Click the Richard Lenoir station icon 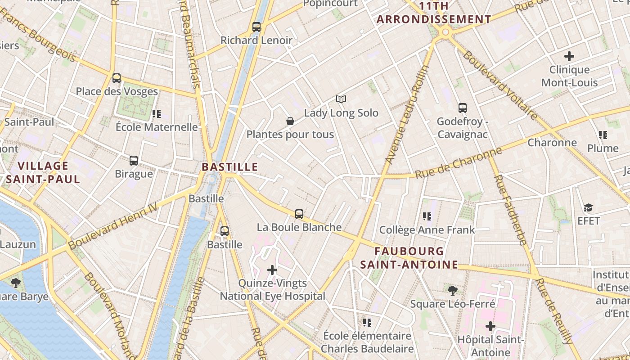(x=256, y=27)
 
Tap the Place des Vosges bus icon (x=117, y=78)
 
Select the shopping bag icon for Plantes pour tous (x=290, y=121)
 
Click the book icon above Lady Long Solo (x=341, y=99)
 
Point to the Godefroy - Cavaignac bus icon (x=463, y=108)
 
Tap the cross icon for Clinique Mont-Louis (x=569, y=56)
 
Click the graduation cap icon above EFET (x=589, y=207)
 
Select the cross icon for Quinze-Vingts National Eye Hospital (x=272, y=270)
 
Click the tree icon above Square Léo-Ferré (x=453, y=291)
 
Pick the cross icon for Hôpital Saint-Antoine (x=490, y=326)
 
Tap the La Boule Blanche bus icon (x=299, y=214)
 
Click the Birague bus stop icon (x=134, y=161)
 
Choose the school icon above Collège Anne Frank (x=427, y=216)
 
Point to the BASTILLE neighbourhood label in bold (x=229, y=167)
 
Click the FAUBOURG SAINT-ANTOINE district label (x=409, y=258)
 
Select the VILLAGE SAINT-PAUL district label (x=43, y=173)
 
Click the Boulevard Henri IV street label (x=113, y=225)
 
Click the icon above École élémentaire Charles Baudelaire (x=367, y=322)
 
